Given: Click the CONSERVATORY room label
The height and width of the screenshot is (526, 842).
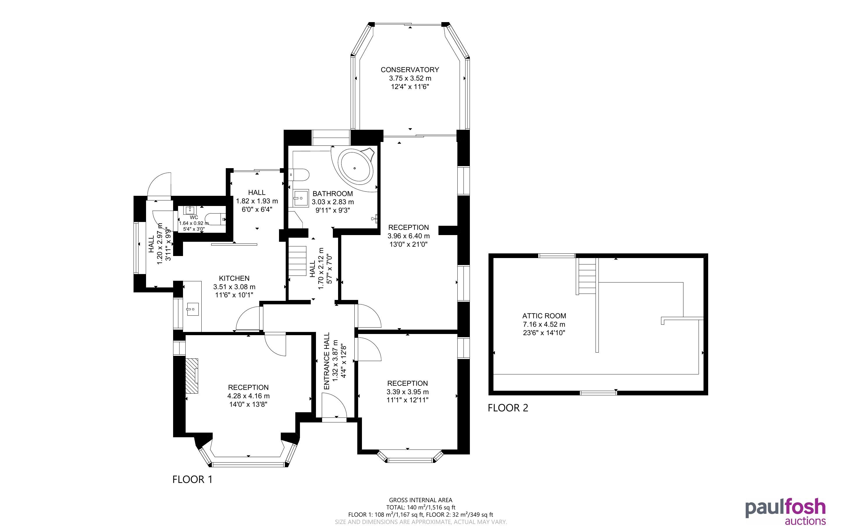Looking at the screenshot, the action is [x=410, y=70].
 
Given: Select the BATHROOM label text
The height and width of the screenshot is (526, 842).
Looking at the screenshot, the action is [x=333, y=193].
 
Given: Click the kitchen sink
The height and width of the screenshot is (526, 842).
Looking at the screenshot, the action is [x=192, y=309].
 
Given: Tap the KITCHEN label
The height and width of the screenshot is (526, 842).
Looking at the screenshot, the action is [x=234, y=278].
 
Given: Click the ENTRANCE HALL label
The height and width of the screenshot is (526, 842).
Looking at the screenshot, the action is [x=326, y=361].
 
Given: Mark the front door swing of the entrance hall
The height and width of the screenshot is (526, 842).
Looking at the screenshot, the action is [x=334, y=405].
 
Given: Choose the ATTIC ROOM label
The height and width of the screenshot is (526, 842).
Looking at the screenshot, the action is [x=544, y=316].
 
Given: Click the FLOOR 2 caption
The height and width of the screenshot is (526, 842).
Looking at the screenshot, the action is [x=508, y=408].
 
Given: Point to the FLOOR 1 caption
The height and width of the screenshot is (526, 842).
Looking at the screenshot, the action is [x=192, y=479].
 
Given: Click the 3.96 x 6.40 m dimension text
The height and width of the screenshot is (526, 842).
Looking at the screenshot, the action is [x=409, y=236].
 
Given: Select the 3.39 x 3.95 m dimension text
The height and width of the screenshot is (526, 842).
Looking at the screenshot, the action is [x=407, y=392].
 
